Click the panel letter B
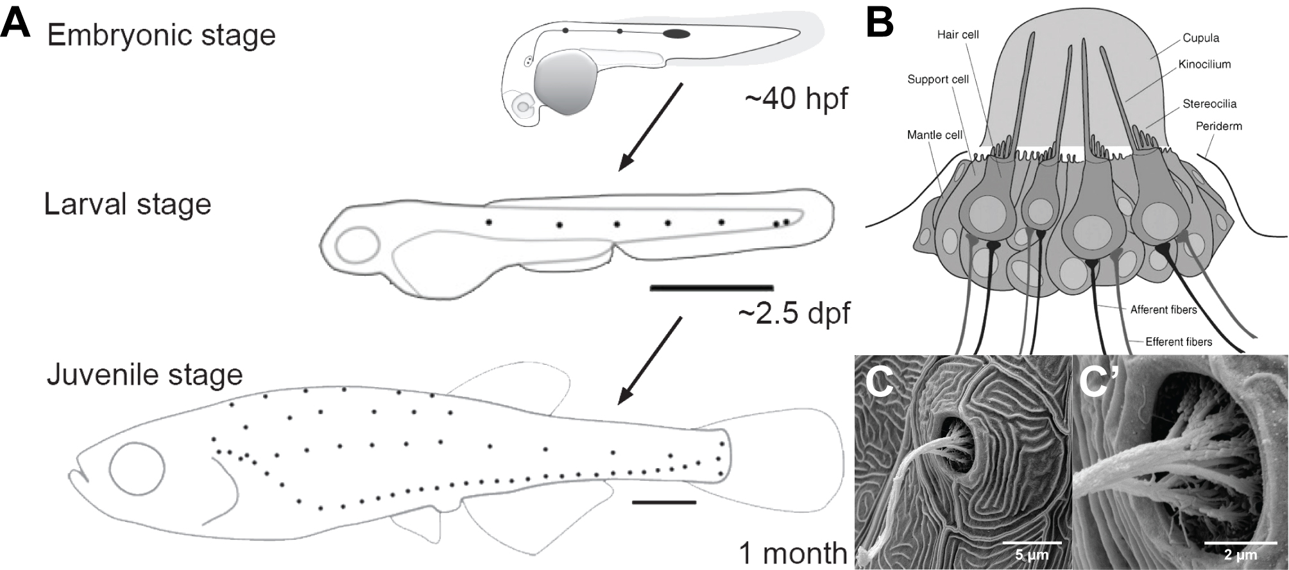pyautogui.click(x=880, y=24)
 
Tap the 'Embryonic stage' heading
pyautogui.click(x=161, y=35)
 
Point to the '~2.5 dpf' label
pyautogui.click(x=794, y=314)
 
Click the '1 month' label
pyautogui.click(x=793, y=553)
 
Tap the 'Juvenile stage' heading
pyautogui.click(x=144, y=374)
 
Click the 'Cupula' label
pyautogui.click(x=1200, y=38)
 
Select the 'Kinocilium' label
pyautogui.click(x=1204, y=64)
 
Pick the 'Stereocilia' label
pyautogui.click(x=1209, y=104)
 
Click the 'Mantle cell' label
pyautogui.click(x=934, y=135)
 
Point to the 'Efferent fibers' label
pyautogui.click(x=1179, y=342)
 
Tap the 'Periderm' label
pyautogui.click(x=1218, y=126)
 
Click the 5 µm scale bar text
pyautogui.click(x=1032, y=555)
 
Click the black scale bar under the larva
pyautogui.click(x=711, y=288)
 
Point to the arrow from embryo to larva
pyautogui.click(x=650, y=126)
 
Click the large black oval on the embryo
pyautogui.click(x=676, y=34)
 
